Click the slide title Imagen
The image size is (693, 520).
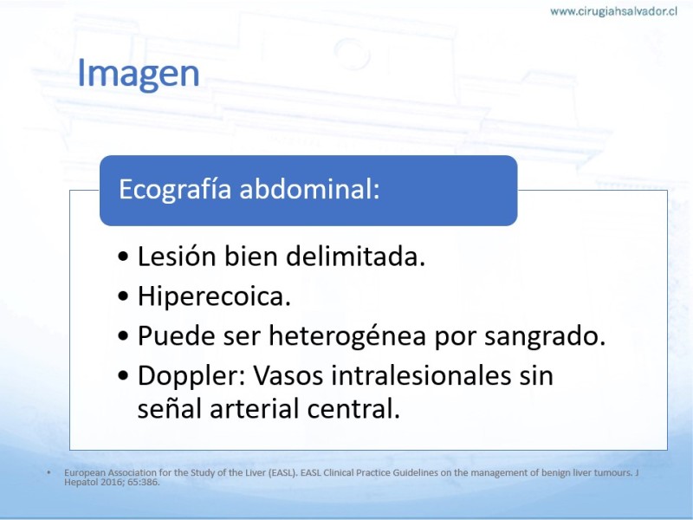click(139, 74)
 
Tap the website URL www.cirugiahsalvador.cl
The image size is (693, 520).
click(613, 11)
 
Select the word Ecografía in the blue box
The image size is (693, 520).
click(175, 189)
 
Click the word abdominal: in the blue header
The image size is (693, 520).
click(309, 189)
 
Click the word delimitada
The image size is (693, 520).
click(356, 256)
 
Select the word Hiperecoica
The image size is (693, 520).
click(214, 296)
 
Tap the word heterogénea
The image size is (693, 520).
click(347, 335)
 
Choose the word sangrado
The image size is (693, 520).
click(545, 336)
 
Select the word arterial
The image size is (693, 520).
click(254, 408)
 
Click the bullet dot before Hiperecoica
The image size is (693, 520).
click(124, 296)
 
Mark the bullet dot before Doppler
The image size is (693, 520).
click(124, 376)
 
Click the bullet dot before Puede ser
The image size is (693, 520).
click(124, 336)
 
